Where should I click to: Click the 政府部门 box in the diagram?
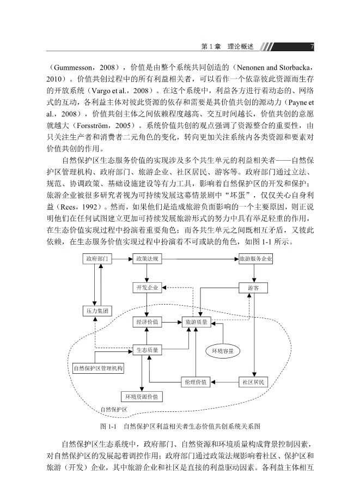coord(97,259)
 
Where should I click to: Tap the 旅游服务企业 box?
coord(255,259)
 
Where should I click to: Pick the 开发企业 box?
coord(147,287)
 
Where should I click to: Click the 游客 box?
coord(254,287)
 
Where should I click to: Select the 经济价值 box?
coord(147,323)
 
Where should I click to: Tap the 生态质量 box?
coord(147,350)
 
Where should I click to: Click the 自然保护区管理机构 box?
coord(99,368)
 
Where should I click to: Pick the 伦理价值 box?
coord(196,382)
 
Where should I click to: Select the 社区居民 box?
coord(254,382)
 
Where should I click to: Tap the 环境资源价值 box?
coord(141,396)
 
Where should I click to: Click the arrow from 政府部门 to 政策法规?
coord(122,259)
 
